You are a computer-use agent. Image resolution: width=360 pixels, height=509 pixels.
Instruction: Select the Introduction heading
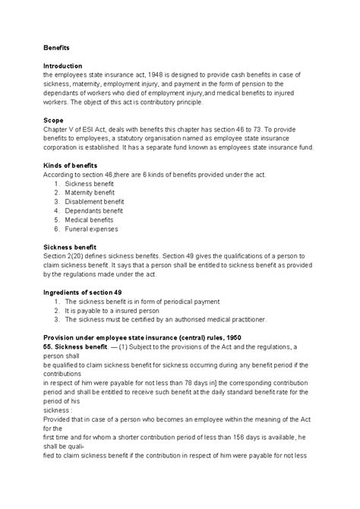click(x=63, y=65)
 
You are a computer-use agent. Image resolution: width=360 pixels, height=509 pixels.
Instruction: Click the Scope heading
click(x=53, y=120)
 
